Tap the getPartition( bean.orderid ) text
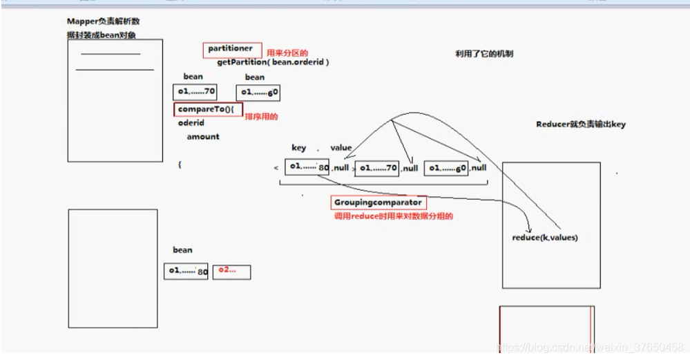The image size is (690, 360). tap(273, 62)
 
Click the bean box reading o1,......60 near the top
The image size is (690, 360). tap(258, 93)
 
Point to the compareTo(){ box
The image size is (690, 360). tap(208, 109)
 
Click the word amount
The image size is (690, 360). tap(203, 137)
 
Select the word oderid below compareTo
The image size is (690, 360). tap(191, 123)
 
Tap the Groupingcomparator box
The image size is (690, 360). tap(377, 202)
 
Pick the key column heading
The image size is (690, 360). tap(299, 148)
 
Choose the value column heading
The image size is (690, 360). tap(341, 148)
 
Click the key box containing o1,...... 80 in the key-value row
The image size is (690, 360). tap(307, 167)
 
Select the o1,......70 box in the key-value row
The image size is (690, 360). tap(376, 168)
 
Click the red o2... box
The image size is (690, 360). tap(231, 272)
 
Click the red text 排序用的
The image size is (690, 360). tap(261, 117)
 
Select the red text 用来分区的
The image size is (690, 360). tap(287, 53)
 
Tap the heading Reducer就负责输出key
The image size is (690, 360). tap(580, 124)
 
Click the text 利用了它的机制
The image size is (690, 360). tap(483, 54)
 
